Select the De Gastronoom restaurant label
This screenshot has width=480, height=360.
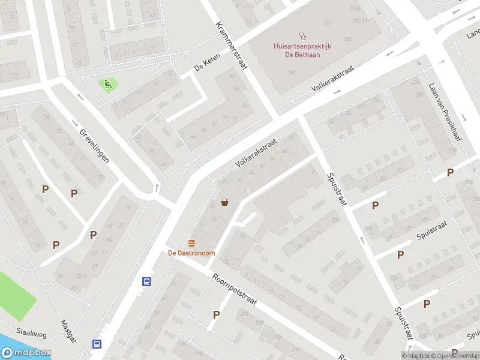click(x=191, y=253)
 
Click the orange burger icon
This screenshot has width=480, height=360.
click(x=191, y=243)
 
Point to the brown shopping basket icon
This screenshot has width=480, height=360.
click(x=225, y=202)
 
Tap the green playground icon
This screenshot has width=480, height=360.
click(x=108, y=84)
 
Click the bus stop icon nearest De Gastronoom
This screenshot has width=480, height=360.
click(x=146, y=281)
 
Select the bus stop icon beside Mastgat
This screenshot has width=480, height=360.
click(x=97, y=344)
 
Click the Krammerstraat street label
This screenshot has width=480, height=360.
click(x=234, y=43)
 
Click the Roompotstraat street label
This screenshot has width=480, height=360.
click(x=234, y=290)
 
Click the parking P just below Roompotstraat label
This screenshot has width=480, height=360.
click(x=217, y=314)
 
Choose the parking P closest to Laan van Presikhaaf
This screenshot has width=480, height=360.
click(x=450, y=173)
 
